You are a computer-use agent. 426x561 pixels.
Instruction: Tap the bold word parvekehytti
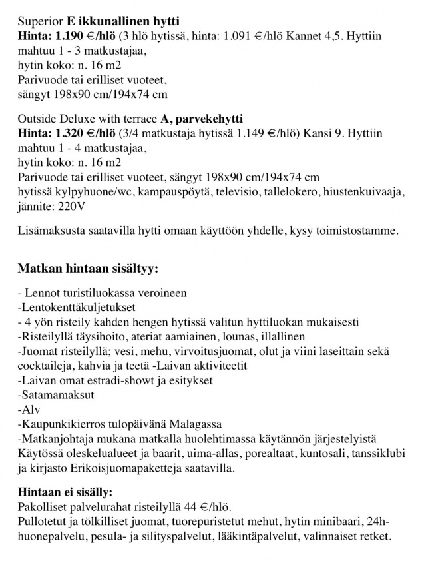click(207, 119)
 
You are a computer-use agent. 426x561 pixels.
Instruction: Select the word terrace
click(136, 119)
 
